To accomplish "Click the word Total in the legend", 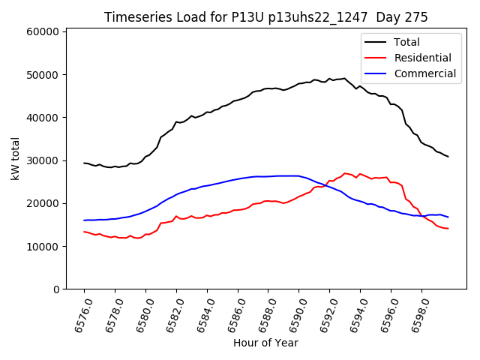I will [406, 42].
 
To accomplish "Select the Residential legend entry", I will [422, 58].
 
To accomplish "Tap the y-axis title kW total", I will [15, 159].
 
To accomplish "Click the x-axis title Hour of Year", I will [265, 343].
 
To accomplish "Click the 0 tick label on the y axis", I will [55, 289].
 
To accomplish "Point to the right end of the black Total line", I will [448, 157].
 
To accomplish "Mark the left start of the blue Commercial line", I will [84, 220].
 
